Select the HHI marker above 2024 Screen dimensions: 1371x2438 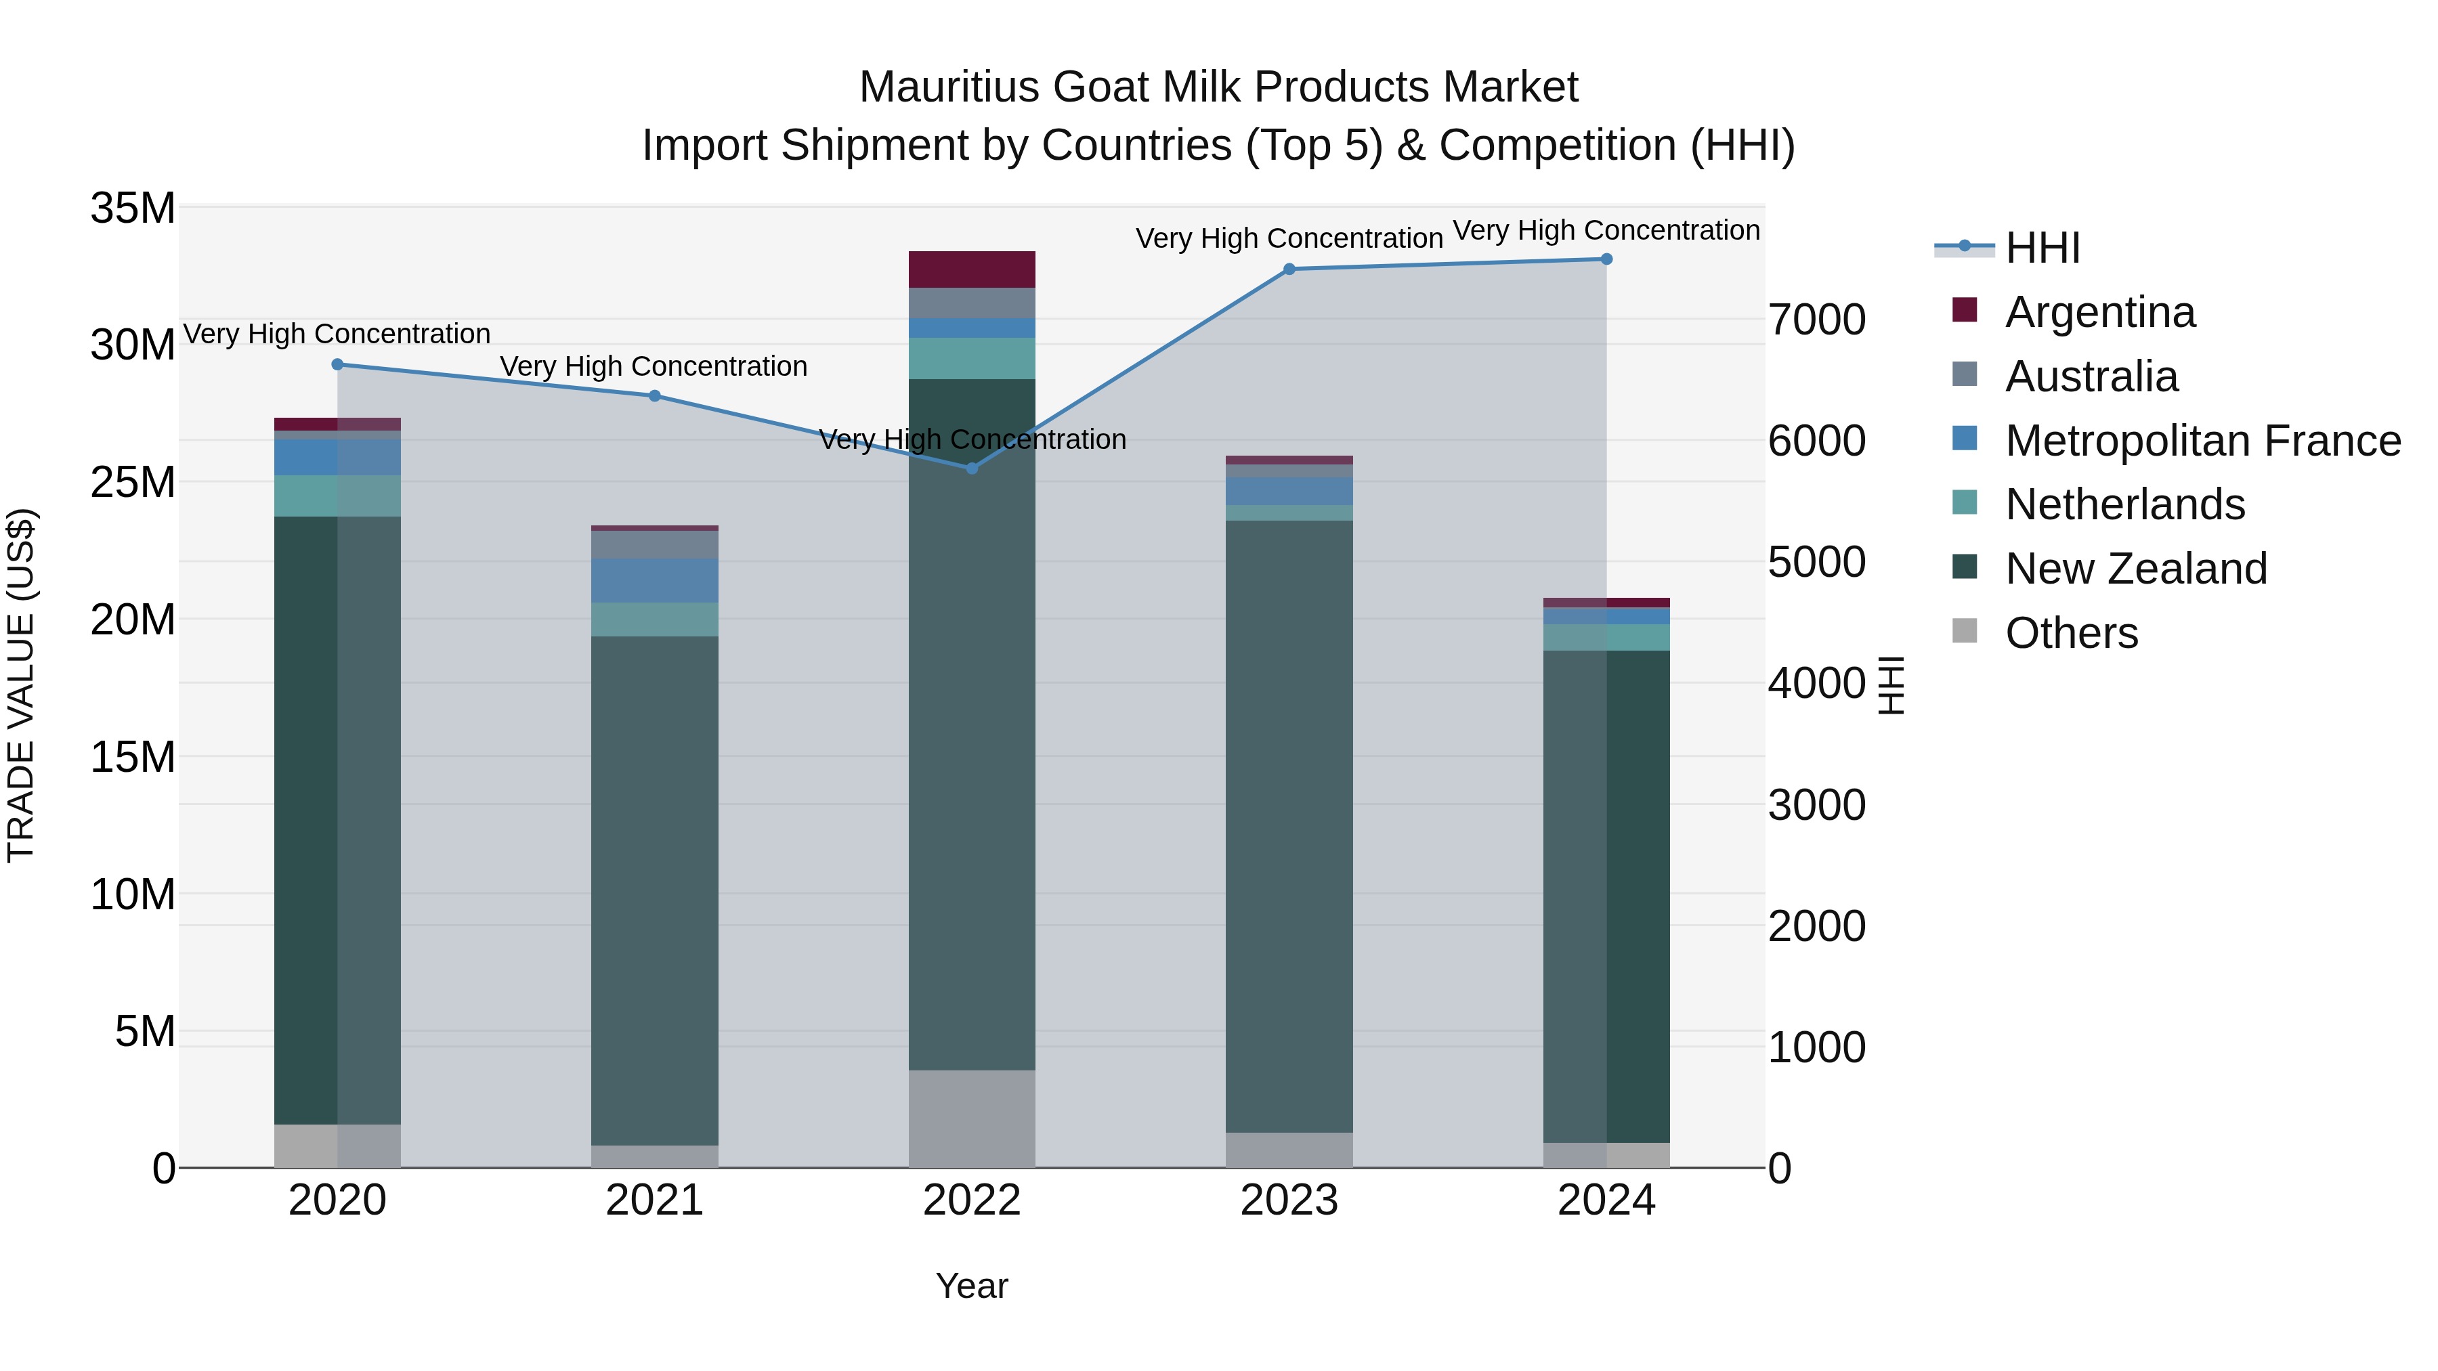point(1606,259)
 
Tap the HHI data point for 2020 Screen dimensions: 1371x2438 point(337,364)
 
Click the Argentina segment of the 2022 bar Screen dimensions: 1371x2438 point(971,269)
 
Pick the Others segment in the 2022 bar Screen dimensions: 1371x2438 point(971,1118)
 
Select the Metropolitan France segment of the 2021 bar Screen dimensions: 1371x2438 point(654,580)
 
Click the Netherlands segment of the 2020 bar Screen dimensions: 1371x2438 point(337,496)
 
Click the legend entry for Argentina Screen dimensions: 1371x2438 point(2099,312)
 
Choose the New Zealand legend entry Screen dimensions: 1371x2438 point(2135,569)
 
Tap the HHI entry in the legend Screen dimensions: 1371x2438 point(2043,248)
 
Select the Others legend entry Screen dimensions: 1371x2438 point(2071,633)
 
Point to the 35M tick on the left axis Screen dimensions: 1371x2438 point(133,208)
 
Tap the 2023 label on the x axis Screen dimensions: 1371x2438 point(1288,1200)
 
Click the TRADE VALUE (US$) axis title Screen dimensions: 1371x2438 point(21,685)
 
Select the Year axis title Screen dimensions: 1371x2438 point(971,1286)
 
